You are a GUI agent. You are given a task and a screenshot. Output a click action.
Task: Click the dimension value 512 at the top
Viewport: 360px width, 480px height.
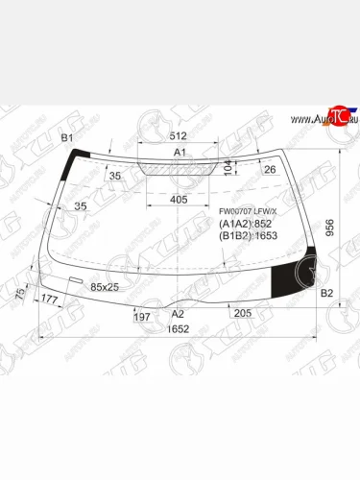(179, 135)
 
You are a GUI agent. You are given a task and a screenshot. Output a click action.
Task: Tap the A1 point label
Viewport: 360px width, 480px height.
(180, 153)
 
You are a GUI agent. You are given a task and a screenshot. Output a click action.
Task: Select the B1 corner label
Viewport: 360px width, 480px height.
(68, 139)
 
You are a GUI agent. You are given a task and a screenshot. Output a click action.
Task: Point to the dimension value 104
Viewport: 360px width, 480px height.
(228, 167)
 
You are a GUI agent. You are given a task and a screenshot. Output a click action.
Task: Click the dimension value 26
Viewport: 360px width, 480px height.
(269, 170)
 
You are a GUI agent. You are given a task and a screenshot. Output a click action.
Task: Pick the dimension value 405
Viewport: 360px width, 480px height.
(179, 199)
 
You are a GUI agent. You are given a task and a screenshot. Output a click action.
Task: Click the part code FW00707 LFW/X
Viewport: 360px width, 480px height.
(247, 211)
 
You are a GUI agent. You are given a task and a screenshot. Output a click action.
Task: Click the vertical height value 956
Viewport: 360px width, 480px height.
(329, 228)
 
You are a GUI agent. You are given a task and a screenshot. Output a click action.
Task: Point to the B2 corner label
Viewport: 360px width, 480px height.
(326, 293)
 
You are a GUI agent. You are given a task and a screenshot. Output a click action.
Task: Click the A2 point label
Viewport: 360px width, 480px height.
(178, 313)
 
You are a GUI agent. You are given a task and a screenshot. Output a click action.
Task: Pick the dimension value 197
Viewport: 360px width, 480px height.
(141, 316)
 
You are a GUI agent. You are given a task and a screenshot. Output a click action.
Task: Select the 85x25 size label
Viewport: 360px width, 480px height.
(104, 286)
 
